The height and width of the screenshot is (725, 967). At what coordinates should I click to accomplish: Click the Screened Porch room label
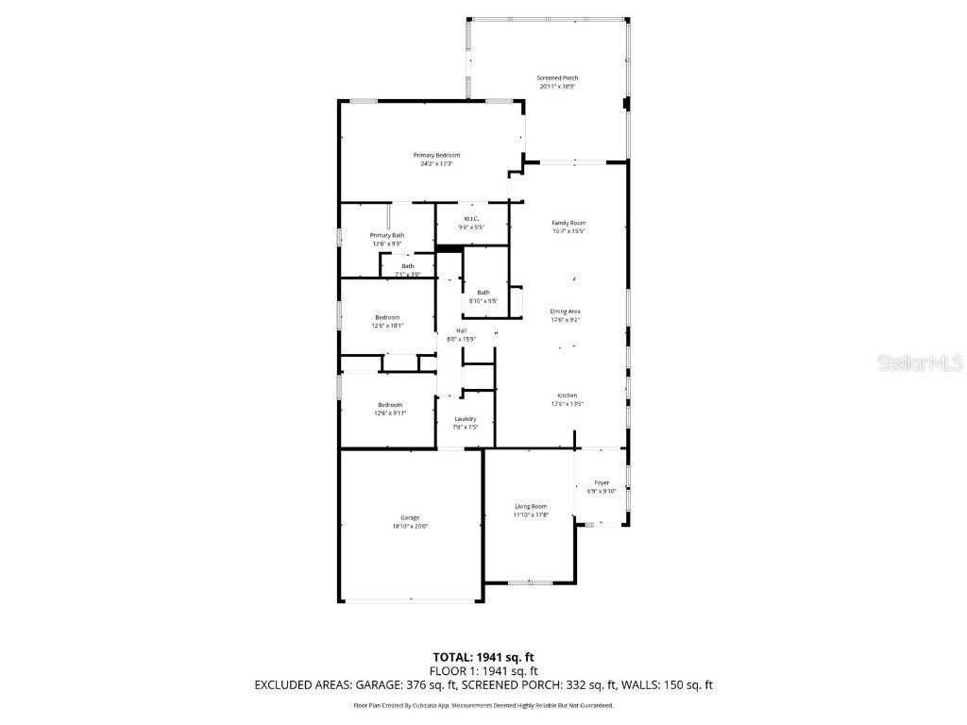point(557,77)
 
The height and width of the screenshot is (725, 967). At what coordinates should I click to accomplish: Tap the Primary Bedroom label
point(436,155)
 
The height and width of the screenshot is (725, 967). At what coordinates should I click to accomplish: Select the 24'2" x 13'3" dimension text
point(436,163)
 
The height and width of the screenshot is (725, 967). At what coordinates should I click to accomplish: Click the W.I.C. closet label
point(471,218)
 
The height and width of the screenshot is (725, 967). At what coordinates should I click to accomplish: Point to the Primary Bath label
point(387,235)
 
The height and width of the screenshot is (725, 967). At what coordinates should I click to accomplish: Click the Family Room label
point(568,223)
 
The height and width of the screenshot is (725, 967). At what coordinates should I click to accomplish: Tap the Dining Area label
point(566,311)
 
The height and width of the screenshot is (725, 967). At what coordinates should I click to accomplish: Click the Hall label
point(461,330)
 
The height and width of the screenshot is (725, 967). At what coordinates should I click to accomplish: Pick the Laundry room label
point(465,418)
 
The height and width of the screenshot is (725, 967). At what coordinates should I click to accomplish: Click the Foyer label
point(602,482)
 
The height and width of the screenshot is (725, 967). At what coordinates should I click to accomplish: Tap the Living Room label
point(530,506)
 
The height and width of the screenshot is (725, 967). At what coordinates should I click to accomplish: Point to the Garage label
point(410,517)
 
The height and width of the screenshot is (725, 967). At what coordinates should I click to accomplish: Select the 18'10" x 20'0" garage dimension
point(410,526)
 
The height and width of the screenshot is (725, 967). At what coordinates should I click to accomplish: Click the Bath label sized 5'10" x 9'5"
point(483,293)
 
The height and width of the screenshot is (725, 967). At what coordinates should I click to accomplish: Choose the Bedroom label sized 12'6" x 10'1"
point(387,317)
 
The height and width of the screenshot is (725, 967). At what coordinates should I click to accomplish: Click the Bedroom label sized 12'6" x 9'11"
point(391,404)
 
